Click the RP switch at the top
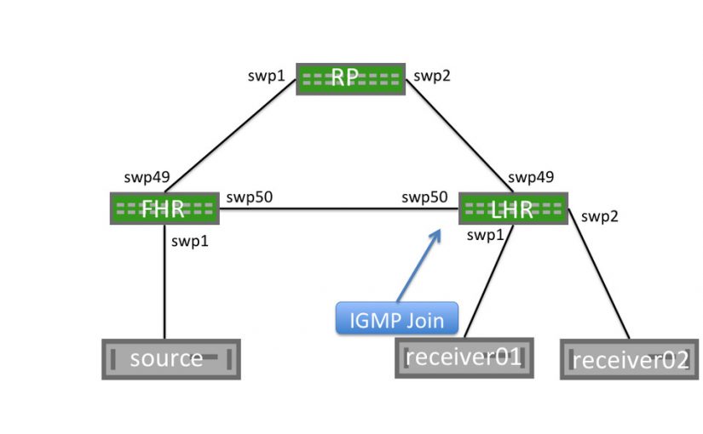coord(350,78)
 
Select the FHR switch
coord(164,208)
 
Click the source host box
coord(170,358)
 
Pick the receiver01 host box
coord(464,357)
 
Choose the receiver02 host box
coord(629,359)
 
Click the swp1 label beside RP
coord(266,77)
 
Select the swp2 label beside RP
coord(431,77)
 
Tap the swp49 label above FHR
coord(147,178)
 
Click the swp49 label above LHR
coord(531,178)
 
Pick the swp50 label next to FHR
coord(249,198)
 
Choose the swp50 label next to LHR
coord(424,198)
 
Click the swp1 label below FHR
coord(190,241)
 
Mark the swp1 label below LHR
coord(485,235)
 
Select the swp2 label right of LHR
coord(599,216)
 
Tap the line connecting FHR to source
coord(164,289)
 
